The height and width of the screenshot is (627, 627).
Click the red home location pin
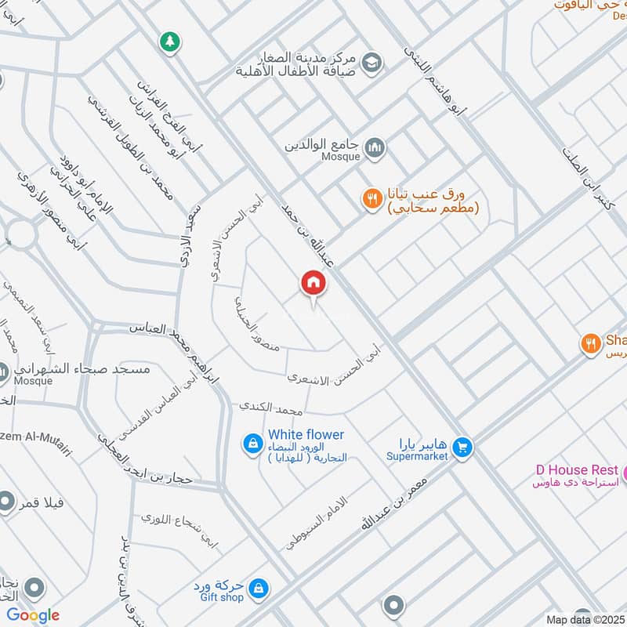(313, 283)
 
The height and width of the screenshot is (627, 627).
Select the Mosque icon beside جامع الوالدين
(376, 147)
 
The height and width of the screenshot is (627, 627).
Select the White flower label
(306, 434)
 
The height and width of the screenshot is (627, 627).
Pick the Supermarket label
(417, 455)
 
